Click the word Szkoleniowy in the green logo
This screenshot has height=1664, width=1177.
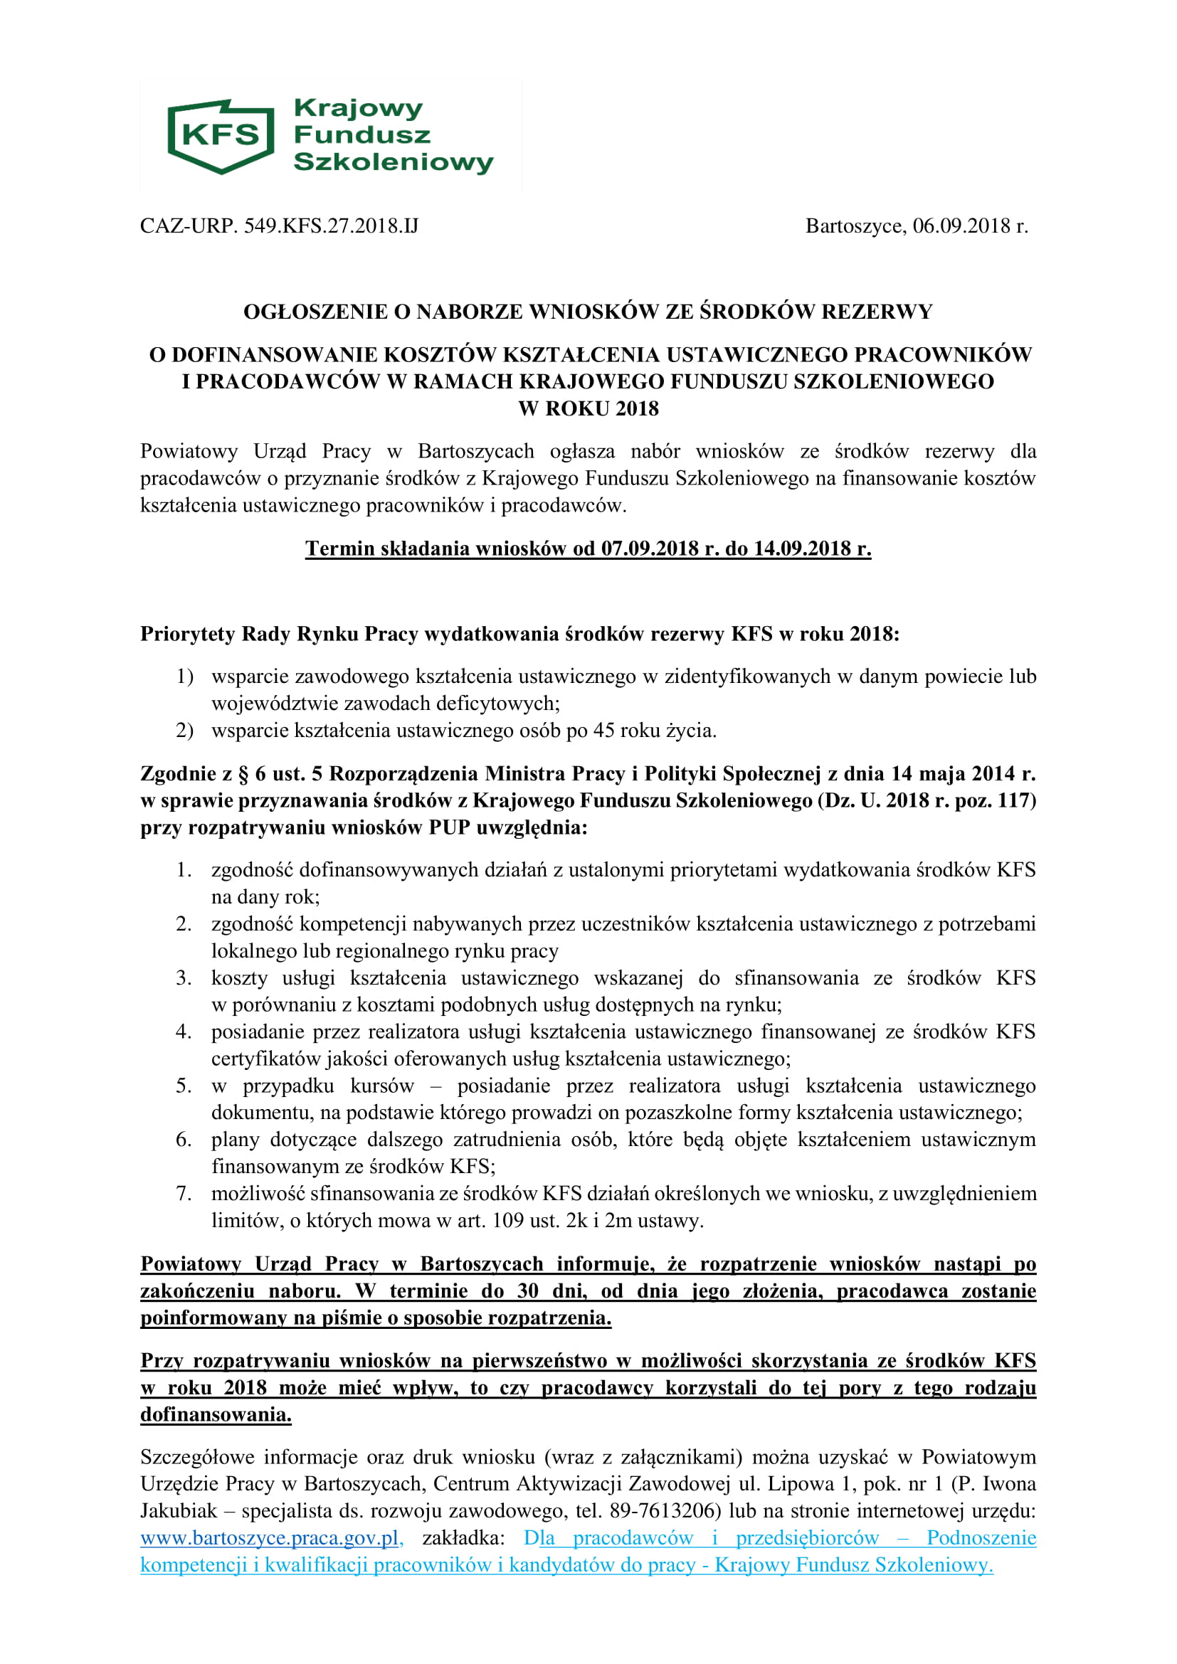[x=393, y=161]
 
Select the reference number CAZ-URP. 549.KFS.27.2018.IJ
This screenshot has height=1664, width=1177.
[x=279, y=226]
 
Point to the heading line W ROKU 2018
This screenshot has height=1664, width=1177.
[x=588, y=409]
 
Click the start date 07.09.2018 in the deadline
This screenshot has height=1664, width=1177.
[x=650, y=549]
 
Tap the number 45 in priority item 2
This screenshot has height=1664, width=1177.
[x=603, y=731]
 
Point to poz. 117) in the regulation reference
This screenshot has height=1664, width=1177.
[x=995, y=801]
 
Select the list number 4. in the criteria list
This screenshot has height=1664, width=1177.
[x=184, y=1032]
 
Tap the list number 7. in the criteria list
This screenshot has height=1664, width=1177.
[x=184, y=1193]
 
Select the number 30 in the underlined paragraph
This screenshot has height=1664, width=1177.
[x=527, y=1291]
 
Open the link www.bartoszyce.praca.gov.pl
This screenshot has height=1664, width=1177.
[x=270, y=1538]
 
